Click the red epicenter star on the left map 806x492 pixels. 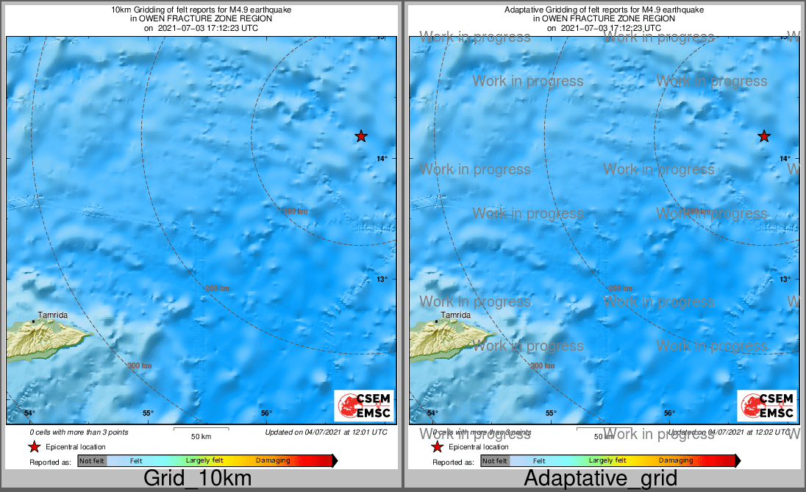[361, 136]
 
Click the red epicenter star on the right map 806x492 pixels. [764, 136]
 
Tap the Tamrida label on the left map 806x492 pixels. [53, 315]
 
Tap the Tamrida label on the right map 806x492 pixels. [456, 315]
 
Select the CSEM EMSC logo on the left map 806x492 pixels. [364, 405]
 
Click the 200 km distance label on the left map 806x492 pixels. [217, 288]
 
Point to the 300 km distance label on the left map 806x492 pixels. [140, 366]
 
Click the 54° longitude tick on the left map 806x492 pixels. [29, 413]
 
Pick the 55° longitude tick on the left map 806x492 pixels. [148, 413]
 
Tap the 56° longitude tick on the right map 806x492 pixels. [669, 413]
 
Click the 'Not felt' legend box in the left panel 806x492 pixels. [92, 461]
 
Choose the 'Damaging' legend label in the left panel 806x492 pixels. [273, 461]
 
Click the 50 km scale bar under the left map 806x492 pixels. [201, 429]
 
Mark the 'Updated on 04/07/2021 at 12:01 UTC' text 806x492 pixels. [326, 432]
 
